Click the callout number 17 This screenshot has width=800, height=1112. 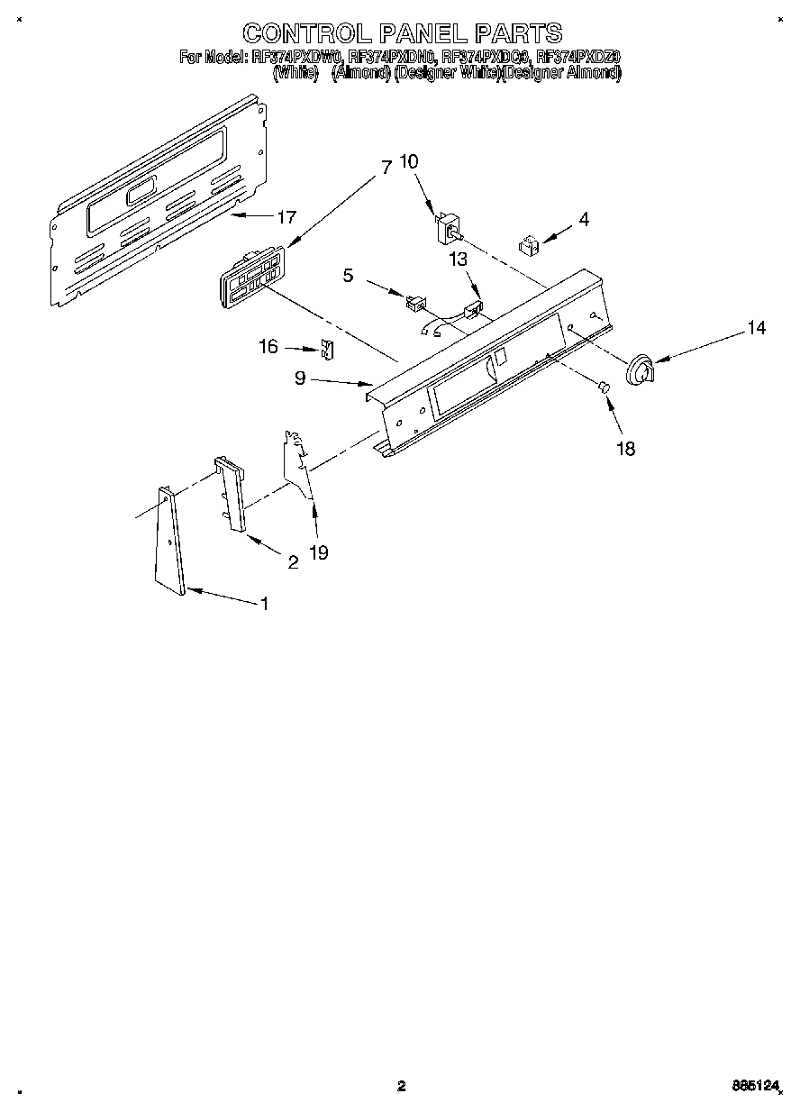pos(286,217)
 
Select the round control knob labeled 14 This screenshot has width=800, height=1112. pos(641,371)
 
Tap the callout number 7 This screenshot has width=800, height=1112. pos(386,168)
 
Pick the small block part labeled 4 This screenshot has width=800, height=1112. pos(529,243)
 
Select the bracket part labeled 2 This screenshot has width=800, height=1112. pos(231,494)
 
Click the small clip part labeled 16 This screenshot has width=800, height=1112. pos(328,349)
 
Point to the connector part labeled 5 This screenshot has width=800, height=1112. pos(414,303)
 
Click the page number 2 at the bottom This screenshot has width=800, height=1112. pos(402,1087)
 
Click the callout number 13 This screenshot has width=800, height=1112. pos(459,260)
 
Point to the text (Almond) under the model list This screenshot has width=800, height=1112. pos(360,74)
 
